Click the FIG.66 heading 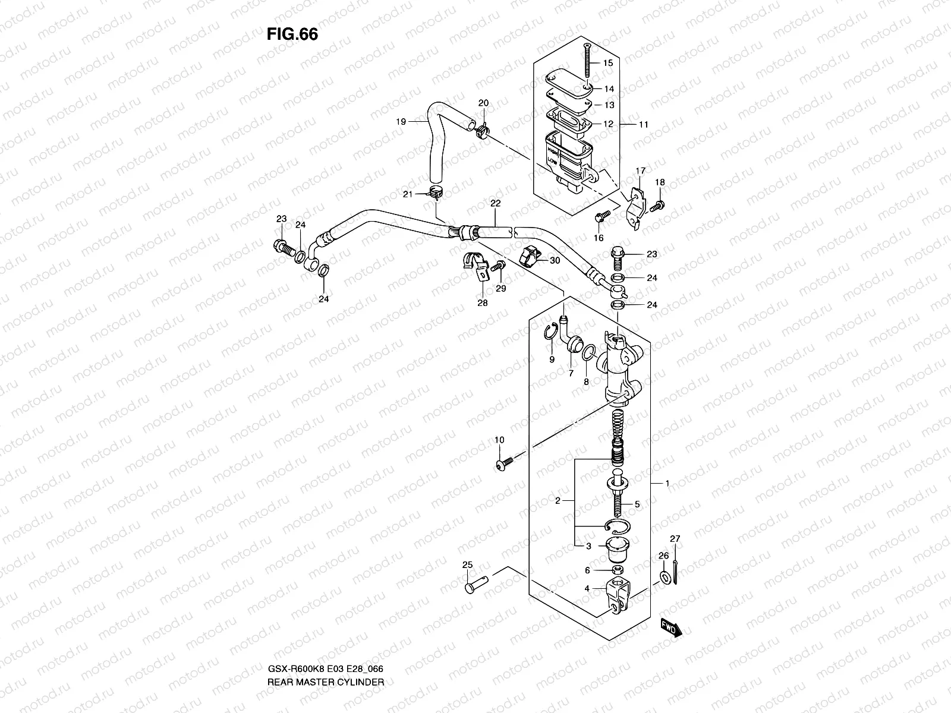click(x=292, y=34)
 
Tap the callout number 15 click(x=608, y=63)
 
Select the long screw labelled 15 click(x=587, y=62)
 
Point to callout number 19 click(x=401, y=121)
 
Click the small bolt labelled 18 click(x=658, y=206)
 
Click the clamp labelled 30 click(x=531, y=257)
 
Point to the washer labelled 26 click(x=663, y=577)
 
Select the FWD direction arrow click(x=671, y=627)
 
